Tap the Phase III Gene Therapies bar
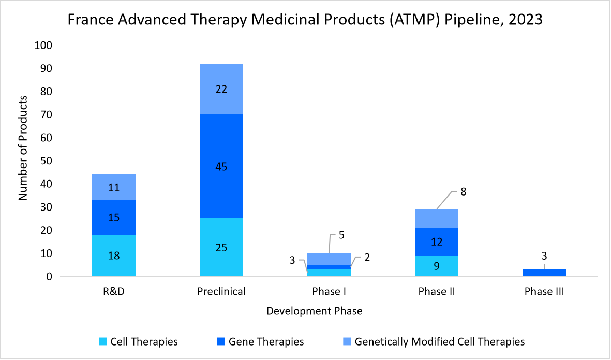coord(544,273)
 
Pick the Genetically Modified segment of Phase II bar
coord(437,218)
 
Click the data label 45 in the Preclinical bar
coord(221,167)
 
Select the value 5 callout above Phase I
coord(341,235)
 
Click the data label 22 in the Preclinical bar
coord(221,89)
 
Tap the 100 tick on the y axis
coord(43,46)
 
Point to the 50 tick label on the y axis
coord(45,161)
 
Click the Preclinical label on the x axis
coord(221,292)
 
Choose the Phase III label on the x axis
coord(544,292)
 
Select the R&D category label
coord(114,292)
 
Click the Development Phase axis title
coord(314,311)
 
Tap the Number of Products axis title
coord(23,148)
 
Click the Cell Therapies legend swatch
coord(102,342)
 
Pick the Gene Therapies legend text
coord(266,342)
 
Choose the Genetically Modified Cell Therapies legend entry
coord(440,342)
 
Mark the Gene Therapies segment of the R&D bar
coord(114,217)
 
